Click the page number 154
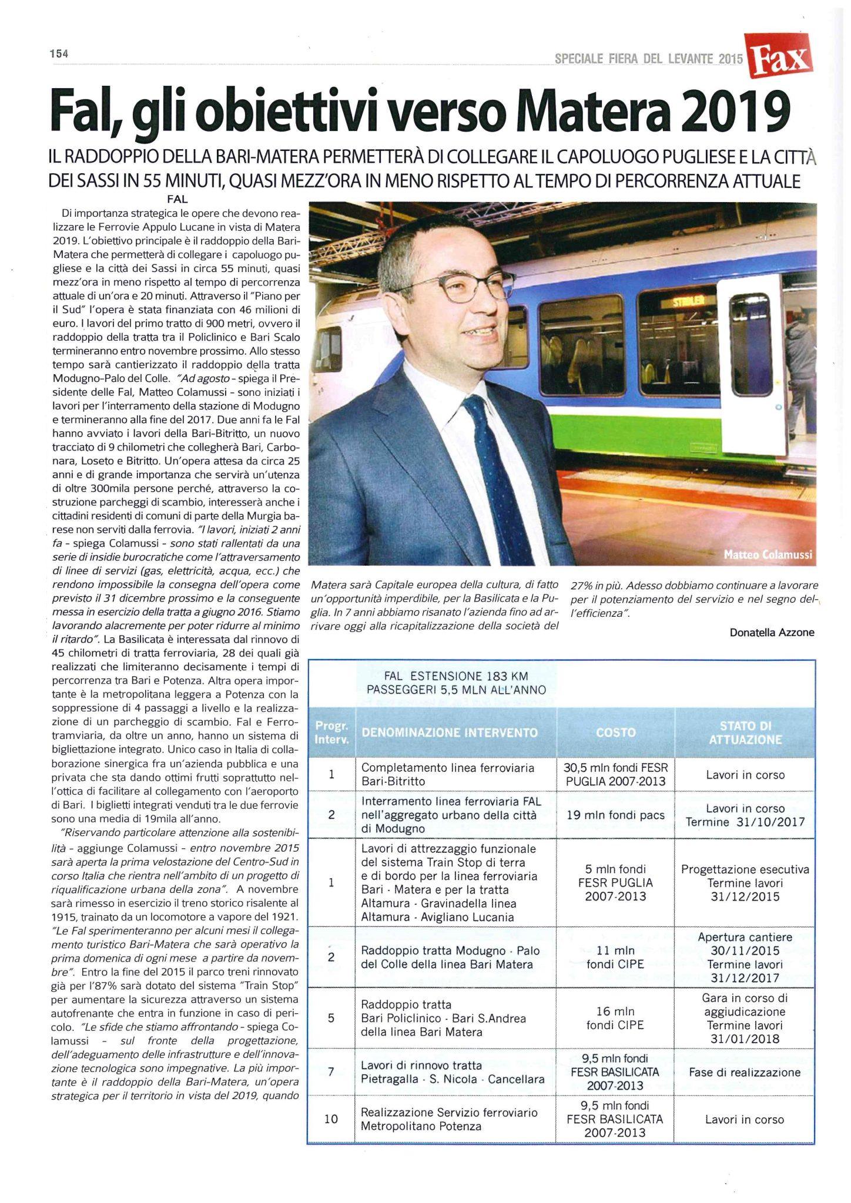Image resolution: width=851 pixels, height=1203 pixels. (x=59, y=53)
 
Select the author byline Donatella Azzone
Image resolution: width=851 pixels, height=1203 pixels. (x=772, y=632)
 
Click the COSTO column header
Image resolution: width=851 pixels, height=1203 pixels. (x=615, y=732)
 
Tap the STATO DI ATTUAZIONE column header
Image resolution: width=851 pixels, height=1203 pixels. (x=745, y=732)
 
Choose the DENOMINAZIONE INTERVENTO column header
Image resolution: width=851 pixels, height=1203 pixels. (x=450, y=732)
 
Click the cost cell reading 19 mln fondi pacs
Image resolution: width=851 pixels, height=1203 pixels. (x=615, y=814)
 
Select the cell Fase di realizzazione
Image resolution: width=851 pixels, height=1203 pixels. (x=745, y=1072)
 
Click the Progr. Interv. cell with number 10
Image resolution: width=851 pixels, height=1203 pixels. (x=331, y=1119)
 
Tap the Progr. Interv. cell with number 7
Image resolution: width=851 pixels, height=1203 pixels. (x=331, y=1072)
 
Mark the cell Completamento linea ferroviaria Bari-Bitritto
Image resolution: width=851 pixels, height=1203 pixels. (x=448, y=775)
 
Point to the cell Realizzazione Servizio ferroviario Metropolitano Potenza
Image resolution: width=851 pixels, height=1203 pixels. (x=450, y=1119)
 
